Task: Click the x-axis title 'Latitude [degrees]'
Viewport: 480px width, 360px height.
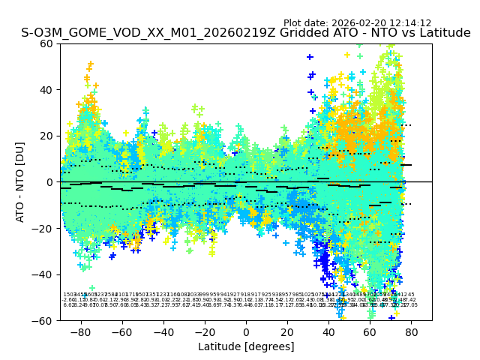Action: click(246, 346)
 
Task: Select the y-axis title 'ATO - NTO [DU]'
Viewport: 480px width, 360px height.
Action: click(20, 182)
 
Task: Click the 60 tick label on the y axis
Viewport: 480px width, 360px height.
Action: click(47, 43)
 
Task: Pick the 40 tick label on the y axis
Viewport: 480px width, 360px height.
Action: click(47, 90)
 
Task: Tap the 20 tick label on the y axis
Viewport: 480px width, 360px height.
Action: click(47, 136)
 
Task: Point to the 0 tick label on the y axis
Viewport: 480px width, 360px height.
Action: click(50, 182)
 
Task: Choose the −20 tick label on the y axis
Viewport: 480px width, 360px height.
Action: click(43, 229)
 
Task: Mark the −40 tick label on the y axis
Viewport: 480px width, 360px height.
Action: click(43, 274)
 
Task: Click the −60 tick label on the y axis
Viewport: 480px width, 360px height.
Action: click(43, 321)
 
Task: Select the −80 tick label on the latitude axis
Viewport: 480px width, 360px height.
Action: click(80, 331)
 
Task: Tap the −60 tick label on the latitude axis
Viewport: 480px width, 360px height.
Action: click(121, 331)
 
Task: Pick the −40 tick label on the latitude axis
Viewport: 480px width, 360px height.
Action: click(163, 331)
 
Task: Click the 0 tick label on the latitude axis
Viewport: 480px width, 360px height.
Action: click(246, 331)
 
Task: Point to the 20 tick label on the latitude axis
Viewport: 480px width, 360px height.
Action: click(287, 331)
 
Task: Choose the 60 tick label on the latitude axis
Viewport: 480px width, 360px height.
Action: click(370, 331)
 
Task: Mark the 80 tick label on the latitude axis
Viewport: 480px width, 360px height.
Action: click(411, 331)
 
